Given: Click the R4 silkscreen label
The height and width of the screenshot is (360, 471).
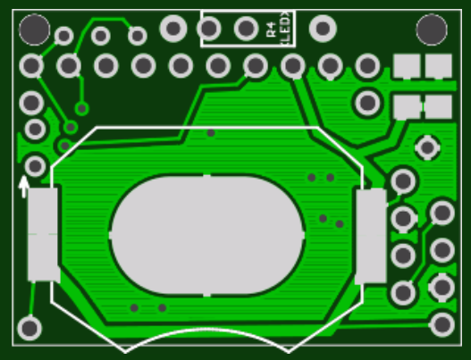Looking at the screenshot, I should [273, 29].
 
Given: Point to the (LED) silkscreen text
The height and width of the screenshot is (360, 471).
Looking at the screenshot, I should [285, 29].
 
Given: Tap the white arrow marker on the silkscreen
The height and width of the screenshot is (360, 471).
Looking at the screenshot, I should [23, 186].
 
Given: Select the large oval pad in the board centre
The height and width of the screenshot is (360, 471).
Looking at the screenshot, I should [206, 235].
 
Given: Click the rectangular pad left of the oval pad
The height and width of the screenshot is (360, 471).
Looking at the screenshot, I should [43, 235].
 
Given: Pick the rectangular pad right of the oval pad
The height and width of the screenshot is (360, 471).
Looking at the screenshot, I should [370, 236].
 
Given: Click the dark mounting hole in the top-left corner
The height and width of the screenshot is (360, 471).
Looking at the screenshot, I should [34, 30].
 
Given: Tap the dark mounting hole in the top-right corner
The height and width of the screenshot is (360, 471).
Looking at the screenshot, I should [432, 29].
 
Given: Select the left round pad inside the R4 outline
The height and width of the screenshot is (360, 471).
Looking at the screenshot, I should [210, 29].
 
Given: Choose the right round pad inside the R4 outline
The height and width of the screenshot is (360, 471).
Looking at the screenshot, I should [247, 29].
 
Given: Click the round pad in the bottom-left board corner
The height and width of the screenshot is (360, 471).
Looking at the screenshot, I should [29, 328].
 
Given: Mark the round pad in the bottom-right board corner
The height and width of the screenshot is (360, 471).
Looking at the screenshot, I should [442, 323].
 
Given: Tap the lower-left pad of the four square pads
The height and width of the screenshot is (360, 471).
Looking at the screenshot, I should [408, 107].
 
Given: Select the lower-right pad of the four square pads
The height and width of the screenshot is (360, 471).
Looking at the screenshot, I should [438, 107].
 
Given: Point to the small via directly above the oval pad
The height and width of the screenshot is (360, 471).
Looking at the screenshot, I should [211, 132].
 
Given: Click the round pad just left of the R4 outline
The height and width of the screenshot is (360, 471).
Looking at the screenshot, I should [173, 29].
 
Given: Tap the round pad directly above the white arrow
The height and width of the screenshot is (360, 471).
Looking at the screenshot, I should [36, 165].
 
